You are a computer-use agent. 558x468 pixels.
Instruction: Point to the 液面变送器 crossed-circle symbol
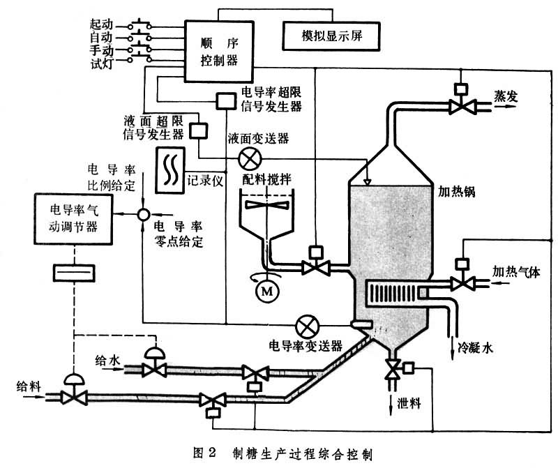tap(248, 160)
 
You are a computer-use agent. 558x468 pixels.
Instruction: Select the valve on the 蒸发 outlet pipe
tap(460, 106)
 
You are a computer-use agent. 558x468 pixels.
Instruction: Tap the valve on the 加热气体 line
tap(460, 282)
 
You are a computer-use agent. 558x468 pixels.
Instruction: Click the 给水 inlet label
tap(108, 361)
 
